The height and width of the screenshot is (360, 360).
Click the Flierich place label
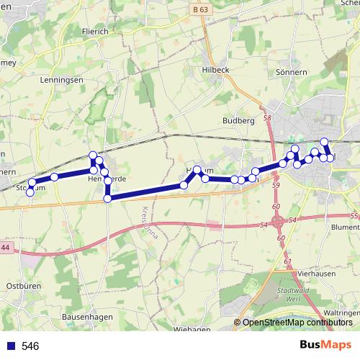(x=95, y=32)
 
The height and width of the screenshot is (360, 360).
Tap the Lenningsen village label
(x=63, y=80)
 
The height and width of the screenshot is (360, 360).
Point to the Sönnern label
(x=292, y=73)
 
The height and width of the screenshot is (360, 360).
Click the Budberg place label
(x=239, y=120)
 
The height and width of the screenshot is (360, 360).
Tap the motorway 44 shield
(x=6, y=248)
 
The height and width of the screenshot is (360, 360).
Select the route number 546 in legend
(x=30, y=346)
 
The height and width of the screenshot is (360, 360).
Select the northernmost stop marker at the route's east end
(x=324, y=141)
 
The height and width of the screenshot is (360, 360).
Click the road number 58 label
(x=267, y=117)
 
